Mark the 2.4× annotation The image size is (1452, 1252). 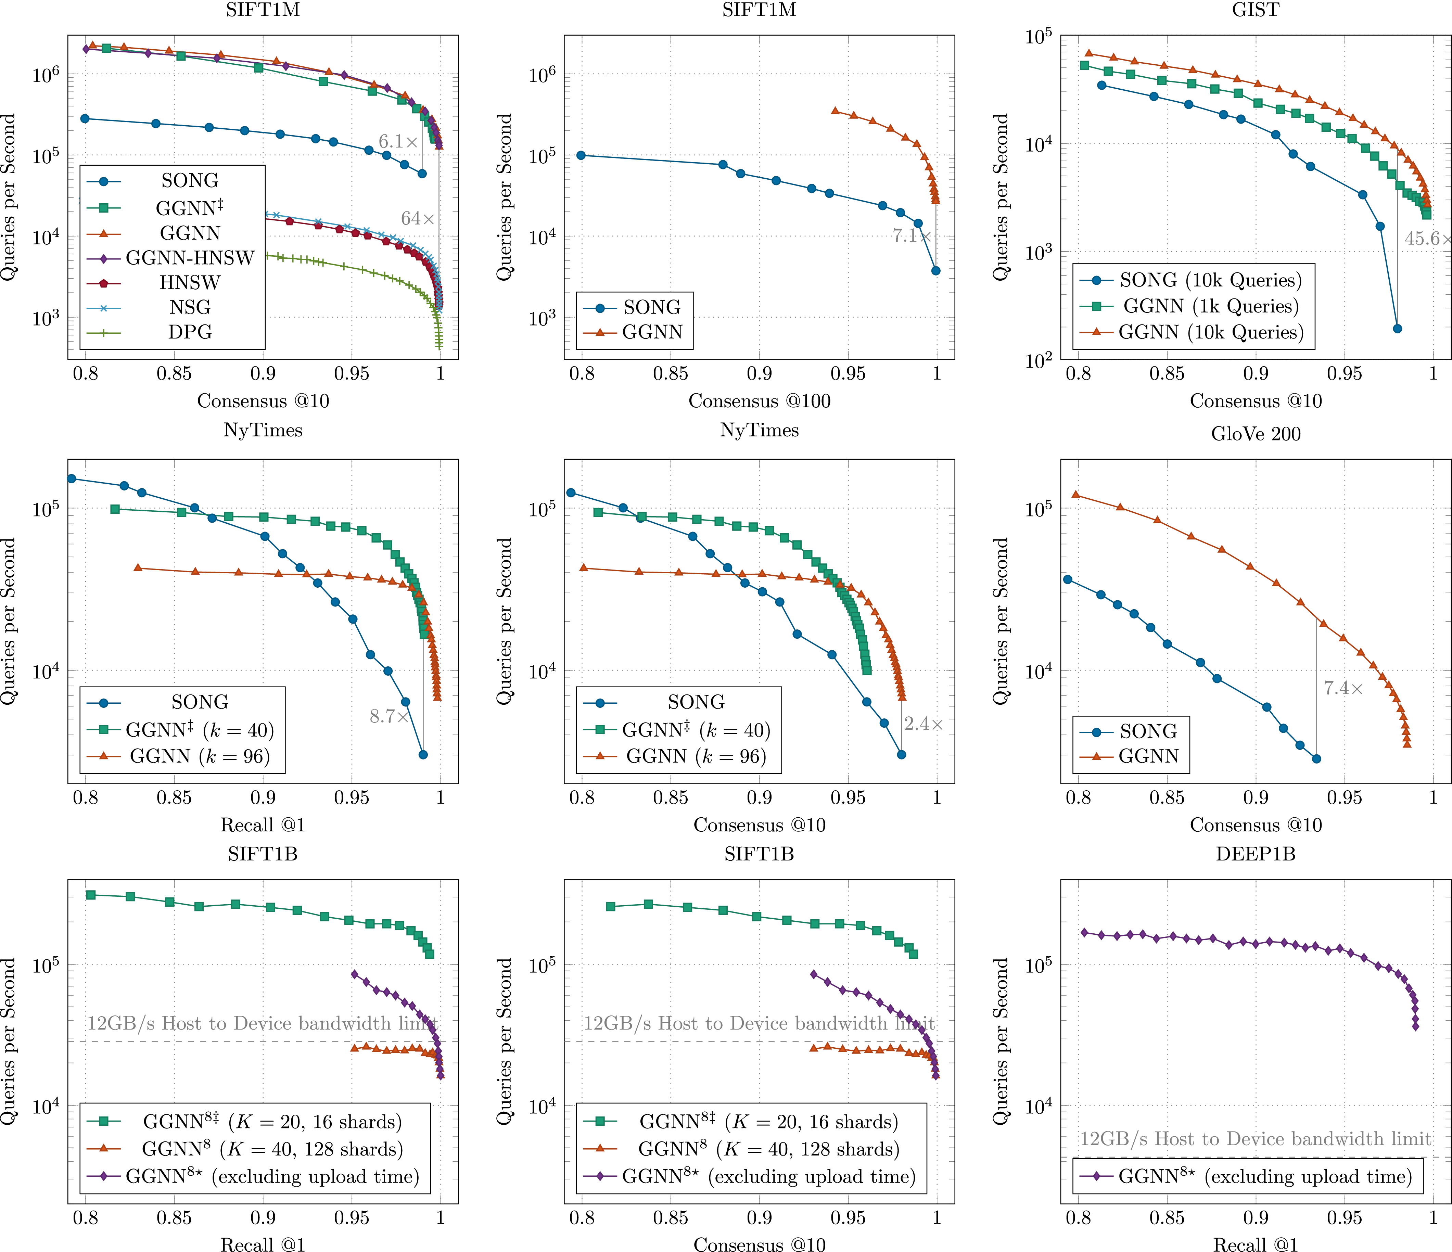[923, 724]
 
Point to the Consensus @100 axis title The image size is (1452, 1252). [759, 401]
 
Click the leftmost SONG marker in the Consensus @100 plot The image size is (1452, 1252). [581, 155]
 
